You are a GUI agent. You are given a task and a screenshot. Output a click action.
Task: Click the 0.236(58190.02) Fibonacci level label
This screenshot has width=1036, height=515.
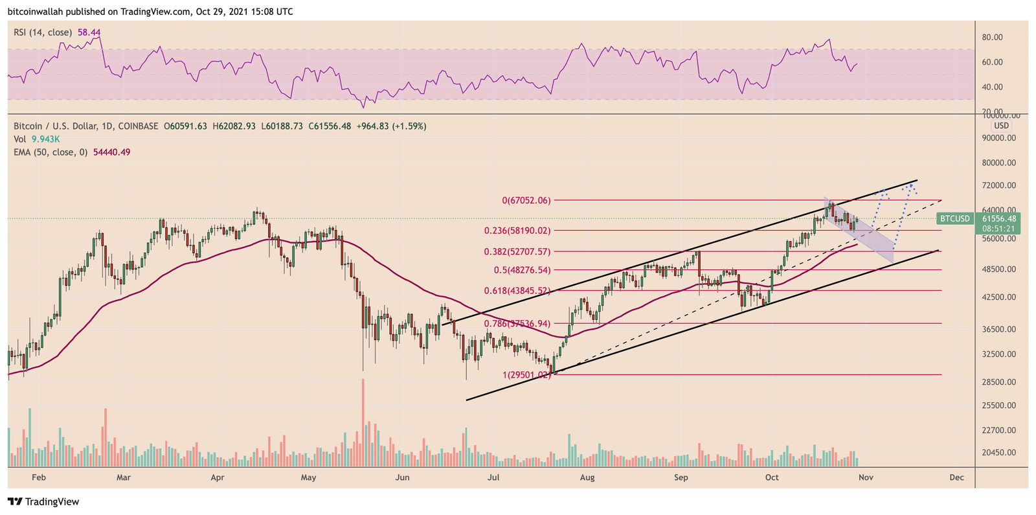(x=517, y=230)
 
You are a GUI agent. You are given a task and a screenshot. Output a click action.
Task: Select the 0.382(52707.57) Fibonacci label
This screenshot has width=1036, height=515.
(x=517, y=251)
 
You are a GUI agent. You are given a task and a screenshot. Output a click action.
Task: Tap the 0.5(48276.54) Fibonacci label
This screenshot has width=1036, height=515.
(x=522, y=270)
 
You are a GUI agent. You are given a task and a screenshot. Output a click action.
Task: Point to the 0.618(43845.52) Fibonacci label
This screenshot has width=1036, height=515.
(x=517, y=291)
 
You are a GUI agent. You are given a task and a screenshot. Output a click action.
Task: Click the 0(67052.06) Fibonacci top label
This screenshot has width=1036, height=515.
(x=526, y=201)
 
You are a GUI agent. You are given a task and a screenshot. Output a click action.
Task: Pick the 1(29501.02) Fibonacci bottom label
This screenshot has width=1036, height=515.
(x=526, y=374)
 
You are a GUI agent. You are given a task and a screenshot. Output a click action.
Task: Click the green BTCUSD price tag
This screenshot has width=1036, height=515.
(x=955, y=219)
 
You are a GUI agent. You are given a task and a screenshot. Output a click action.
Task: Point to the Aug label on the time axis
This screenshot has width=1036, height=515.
(x=587, y=477)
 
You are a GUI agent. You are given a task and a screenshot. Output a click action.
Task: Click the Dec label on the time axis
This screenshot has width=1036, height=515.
(x=956, y=477)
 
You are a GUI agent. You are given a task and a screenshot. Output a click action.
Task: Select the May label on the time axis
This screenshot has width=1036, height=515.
(x=308, y=477)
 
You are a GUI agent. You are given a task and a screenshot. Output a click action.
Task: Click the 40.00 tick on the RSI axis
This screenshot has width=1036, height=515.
(x=992, y=87)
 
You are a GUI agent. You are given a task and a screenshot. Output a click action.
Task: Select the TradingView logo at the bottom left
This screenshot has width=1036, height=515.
(x=43, y=501)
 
